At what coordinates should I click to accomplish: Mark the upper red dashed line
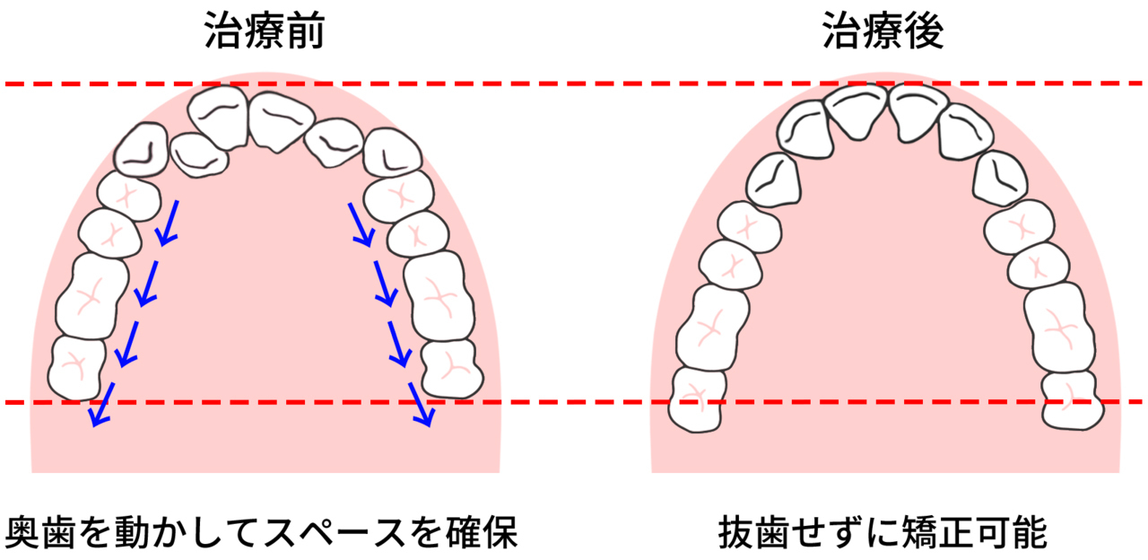click(574, 84)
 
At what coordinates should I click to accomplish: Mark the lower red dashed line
click(574, 402)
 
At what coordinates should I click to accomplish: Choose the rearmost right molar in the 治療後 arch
click(1073, 401)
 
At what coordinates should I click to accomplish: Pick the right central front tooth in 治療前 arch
click(276, 119)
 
